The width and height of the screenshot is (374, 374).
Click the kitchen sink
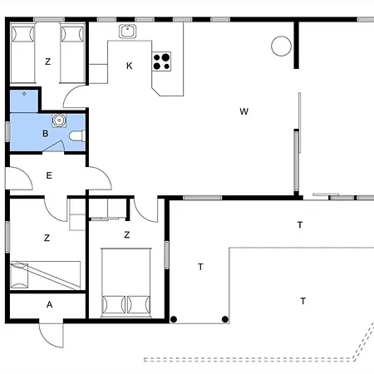[x=127, y=31]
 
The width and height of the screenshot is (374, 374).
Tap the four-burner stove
[x=161, y=62]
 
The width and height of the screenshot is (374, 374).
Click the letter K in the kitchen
[x=129, y=66]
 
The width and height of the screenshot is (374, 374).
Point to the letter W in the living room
[x=244, y=111]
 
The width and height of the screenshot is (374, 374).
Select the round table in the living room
[x=281, y=46]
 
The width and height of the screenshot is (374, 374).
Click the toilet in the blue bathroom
[x=77, y=136]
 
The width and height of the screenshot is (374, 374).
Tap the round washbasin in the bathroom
[x=59, y=121]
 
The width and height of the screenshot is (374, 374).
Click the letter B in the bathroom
[x=46, y=134]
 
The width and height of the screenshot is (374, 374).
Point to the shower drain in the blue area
[x=24, y=94]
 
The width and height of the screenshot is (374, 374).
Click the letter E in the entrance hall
[x=49, y=175]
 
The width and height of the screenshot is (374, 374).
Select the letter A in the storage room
[x=49, y=305]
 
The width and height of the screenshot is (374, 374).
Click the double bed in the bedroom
[x=126, y=283]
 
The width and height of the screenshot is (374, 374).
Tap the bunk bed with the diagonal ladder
[x=45, y=275]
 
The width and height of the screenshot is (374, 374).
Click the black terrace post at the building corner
[x=174, y=319]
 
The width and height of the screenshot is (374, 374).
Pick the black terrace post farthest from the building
[x=225, y=319]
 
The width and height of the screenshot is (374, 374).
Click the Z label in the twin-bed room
[x=47, y=62]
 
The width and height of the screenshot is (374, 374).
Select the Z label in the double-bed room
[x=127, y=235]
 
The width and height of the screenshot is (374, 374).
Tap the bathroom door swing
[x=55, y=146]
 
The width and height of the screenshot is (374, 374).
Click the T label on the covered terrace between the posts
[x=200, y=267]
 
